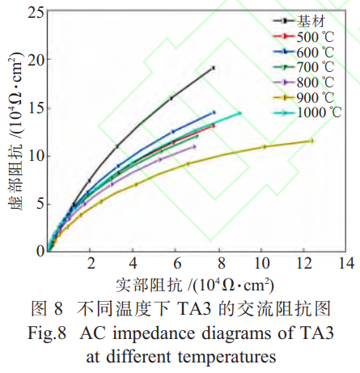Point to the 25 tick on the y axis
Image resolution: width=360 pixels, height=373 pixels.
pos(35,12)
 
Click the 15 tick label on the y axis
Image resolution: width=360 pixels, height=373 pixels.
pos(35,108)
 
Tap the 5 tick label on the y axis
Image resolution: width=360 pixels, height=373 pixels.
pos(38,204)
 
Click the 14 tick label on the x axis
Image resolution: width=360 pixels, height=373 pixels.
pos(347,264)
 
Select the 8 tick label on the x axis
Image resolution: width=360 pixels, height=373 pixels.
pos(219,264)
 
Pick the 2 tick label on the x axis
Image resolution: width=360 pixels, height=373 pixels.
pos(91,264)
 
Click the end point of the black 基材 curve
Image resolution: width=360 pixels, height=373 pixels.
pos(213,68)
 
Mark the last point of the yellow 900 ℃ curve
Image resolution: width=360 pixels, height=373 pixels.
pos(311,141)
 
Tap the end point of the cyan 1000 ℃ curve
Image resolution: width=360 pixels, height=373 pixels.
pos(239,113)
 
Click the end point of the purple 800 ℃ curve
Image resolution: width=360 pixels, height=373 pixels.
pos(194,146)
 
